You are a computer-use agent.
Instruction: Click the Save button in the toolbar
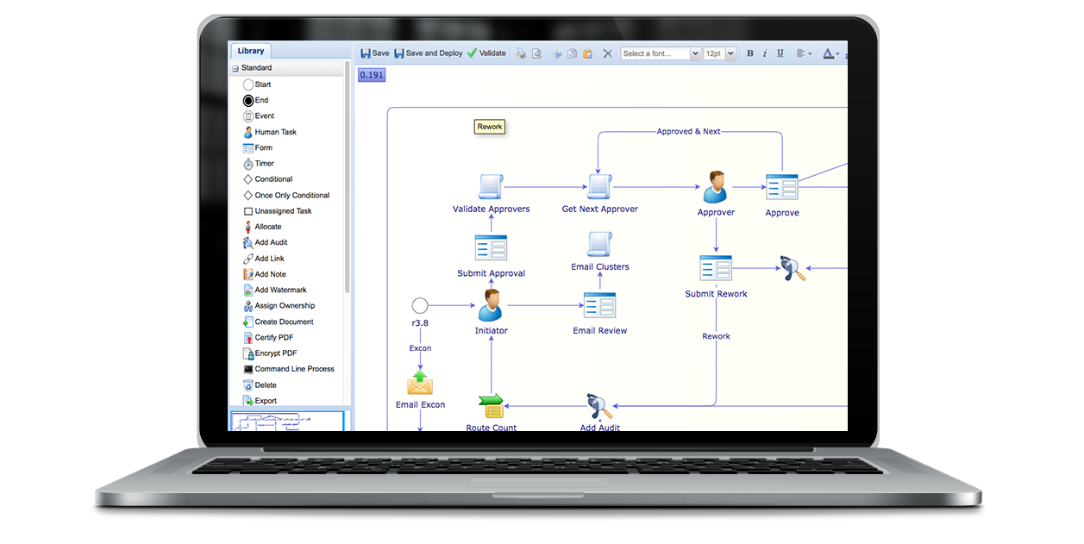point(374,53)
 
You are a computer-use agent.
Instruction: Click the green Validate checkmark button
point(486,53)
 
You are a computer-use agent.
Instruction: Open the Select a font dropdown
point(661,53)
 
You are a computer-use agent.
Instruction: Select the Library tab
point(251,51)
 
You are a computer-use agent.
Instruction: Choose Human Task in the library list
point(274,132)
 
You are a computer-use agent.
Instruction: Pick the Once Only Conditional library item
point(291,196)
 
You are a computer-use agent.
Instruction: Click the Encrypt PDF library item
point(274,353)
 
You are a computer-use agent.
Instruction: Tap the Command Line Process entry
point(293,369)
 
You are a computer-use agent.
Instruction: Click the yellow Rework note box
point(490,127)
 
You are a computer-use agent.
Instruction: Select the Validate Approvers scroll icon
point(491,186)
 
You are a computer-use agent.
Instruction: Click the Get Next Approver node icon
point(599,186)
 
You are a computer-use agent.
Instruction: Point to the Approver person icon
point(715,187)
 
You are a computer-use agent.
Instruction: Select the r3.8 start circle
point(420,305)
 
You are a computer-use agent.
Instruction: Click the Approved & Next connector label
point(688,132)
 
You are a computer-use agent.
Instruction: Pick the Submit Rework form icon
point(716,268)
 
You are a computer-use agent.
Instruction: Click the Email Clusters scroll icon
point(599,245)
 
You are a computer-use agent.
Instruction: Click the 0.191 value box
point(372,75)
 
